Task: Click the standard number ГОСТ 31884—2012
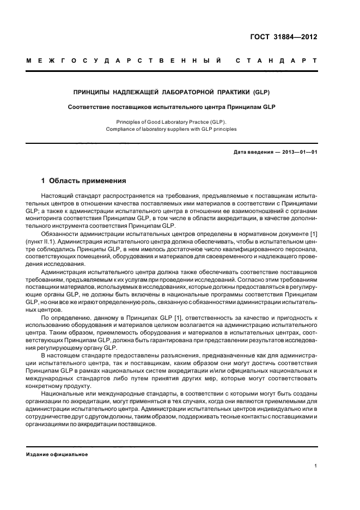point(284,37)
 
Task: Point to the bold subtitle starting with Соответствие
point(172,107)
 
